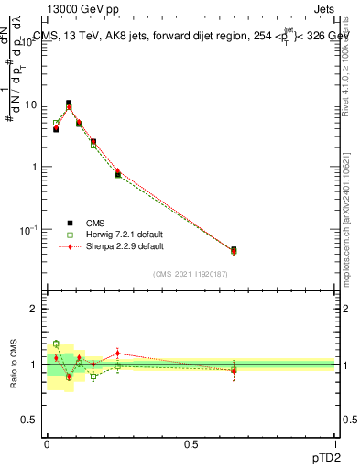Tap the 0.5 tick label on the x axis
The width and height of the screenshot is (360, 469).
coord(191,444)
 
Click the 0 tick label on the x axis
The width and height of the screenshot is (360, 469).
coord(47,444)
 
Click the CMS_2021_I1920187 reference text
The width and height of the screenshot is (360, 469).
coord(191,273)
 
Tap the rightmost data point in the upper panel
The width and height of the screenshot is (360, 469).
coord(234,250)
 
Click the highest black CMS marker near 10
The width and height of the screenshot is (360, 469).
coord(69,104)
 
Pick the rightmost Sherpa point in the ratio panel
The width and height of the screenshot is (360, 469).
coord(234,371)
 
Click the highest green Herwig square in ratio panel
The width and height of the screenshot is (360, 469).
coord(56,344)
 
